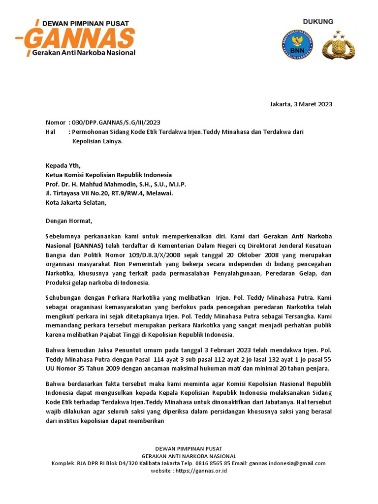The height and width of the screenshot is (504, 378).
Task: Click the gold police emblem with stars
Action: click(338, 45)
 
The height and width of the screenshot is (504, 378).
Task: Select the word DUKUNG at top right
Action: click(318, 22)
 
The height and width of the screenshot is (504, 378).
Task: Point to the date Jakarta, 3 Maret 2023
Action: click(301, 104)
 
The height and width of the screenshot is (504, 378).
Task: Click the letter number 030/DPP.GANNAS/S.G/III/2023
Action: click(116, 123)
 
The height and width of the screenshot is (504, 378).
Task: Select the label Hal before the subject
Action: click(51, 132)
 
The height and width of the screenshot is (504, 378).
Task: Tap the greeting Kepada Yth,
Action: click(63, 165)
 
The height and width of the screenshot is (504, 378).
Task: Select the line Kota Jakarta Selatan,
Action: click(76, 203)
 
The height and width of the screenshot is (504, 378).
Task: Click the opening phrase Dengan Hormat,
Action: click(69, 221)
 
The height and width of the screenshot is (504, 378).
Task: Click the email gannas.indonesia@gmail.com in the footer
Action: click(287, 463)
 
